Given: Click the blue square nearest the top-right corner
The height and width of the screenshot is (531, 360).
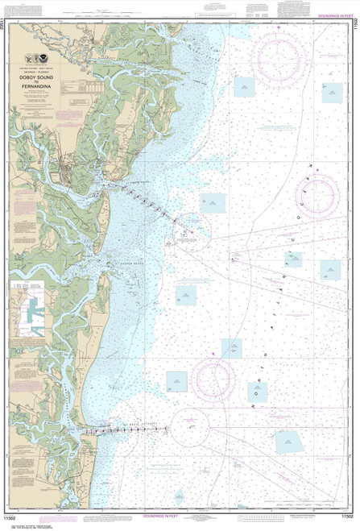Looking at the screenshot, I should point(333,92).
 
